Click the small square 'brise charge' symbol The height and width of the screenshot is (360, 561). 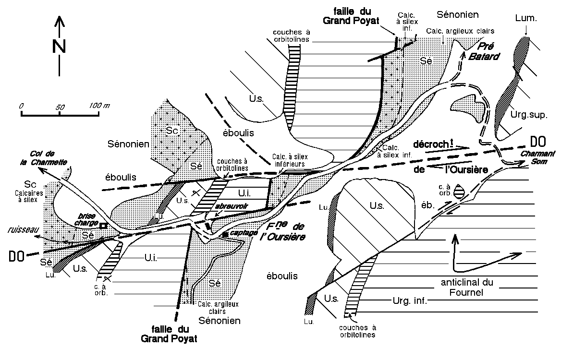(102, 224)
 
